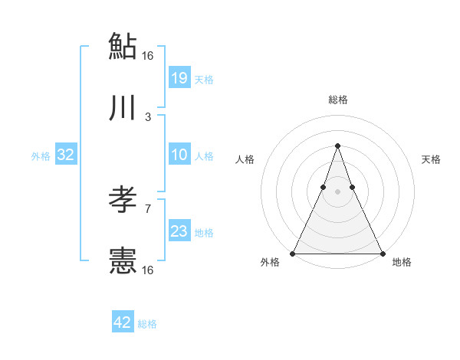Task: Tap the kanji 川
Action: (123, 109)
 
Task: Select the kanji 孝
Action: (123, 201)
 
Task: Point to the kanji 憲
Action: (123, 262)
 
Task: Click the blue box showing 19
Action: (179, 77)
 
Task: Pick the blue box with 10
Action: (179, 155)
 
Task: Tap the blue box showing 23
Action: (179, 231)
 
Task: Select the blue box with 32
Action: (66, 155)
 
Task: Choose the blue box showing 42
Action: (123, 322)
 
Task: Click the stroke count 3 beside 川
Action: (148, 117)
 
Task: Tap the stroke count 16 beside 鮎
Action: (148, 55)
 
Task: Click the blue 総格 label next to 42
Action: (147, 324)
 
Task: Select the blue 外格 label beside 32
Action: (41, 156)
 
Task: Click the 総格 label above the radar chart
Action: (337, 100)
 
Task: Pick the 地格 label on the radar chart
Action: (402, 263)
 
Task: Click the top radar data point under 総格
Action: (337, 146)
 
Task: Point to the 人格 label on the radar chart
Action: (245, 159)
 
